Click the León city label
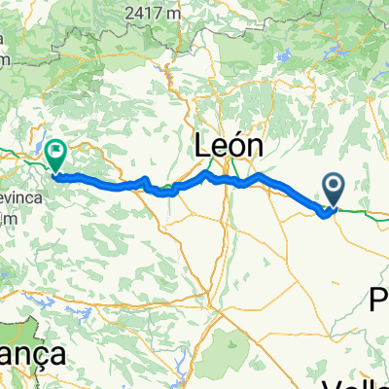pyautogui.click(x=229, y=146)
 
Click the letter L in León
pyautogui.click(x=202, y=146)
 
